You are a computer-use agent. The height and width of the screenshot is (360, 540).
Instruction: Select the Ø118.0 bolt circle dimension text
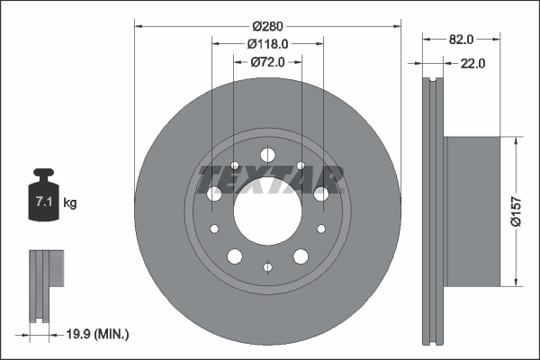267,43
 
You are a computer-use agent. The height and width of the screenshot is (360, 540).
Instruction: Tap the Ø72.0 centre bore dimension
267,61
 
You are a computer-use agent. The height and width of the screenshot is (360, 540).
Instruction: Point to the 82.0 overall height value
460,40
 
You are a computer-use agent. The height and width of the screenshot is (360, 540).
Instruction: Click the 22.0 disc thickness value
472,63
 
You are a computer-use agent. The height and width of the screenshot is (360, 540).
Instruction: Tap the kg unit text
70,203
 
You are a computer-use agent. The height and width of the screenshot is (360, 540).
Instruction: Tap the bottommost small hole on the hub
267,266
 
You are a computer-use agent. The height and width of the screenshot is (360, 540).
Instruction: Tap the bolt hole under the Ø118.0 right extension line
321,193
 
